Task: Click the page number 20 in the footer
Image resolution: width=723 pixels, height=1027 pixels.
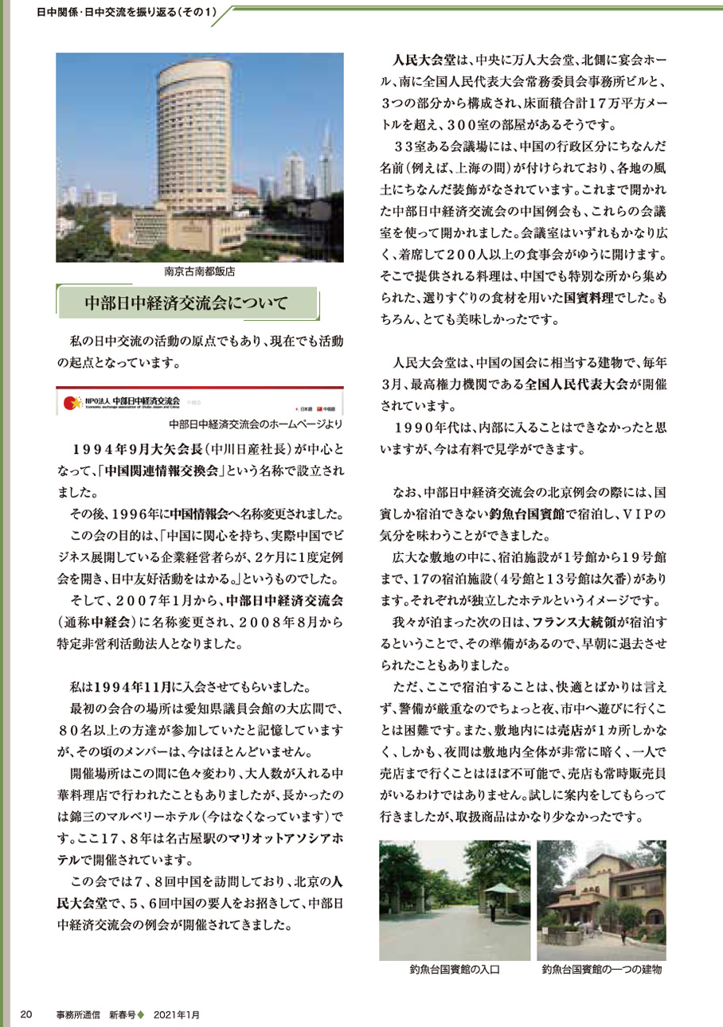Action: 25,1014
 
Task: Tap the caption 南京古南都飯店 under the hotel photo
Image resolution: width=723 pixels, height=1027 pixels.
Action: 200,271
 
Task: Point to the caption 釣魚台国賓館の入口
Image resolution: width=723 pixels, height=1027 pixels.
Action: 454,970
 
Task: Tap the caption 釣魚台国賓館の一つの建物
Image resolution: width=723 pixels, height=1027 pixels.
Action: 601,970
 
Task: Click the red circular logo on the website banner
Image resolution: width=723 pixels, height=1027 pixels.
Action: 68,402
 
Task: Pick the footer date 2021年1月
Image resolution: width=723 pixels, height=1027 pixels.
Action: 178,1014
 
